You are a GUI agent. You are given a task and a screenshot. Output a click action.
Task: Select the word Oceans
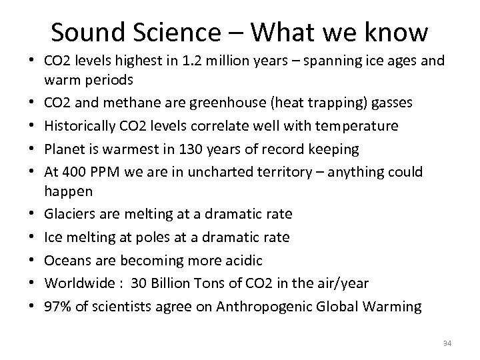[65, 259]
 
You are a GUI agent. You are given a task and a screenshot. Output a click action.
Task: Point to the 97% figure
[57, 307]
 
